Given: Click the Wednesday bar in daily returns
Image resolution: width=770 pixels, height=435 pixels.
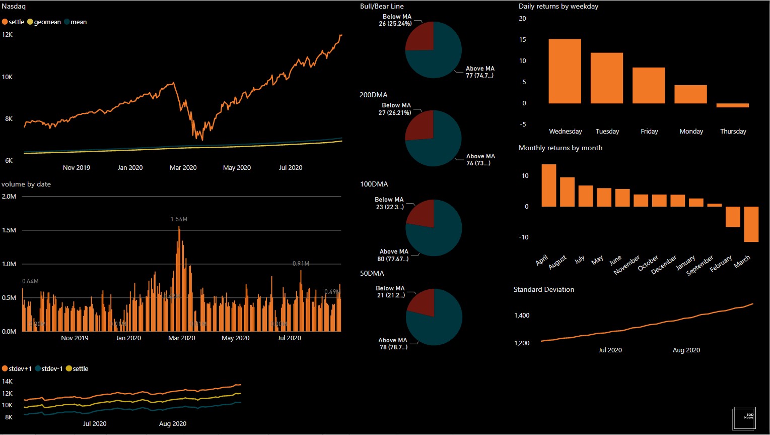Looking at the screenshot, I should [x=565, y=71].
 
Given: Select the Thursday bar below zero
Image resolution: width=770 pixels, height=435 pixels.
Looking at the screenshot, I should [x=732, y=105].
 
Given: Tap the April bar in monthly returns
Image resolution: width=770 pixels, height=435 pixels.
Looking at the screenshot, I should [x=548, y=185].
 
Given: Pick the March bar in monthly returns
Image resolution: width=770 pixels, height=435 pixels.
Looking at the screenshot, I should [x=751, y=224].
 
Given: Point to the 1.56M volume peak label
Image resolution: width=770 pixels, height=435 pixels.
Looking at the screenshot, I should [x=179, y=219].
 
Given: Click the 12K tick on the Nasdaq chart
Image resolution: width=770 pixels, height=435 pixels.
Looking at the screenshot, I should [x=8, y=35].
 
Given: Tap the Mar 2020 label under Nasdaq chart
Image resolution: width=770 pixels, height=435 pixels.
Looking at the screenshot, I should [x=183, y=168].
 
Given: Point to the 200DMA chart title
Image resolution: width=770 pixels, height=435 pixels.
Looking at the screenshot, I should [x=373, y=95].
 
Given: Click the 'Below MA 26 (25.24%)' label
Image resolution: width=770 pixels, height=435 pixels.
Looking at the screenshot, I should [x=396, y=20].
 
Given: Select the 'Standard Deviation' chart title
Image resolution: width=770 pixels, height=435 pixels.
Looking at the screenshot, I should [x=543, y=290].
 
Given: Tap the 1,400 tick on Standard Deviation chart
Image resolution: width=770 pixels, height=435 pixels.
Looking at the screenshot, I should [x=522, y=316].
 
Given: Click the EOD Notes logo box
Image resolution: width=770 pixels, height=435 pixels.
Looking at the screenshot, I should [x=744, y=418].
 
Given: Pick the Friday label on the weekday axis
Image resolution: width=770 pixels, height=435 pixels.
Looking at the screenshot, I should [x=649, y=132].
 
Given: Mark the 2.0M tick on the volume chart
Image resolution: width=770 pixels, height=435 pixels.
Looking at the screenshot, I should [x=9, y=197].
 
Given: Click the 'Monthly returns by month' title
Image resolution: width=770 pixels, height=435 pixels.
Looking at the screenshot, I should [x=560, y=148].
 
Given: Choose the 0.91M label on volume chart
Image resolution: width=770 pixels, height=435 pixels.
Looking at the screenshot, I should [x=301, y=264].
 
